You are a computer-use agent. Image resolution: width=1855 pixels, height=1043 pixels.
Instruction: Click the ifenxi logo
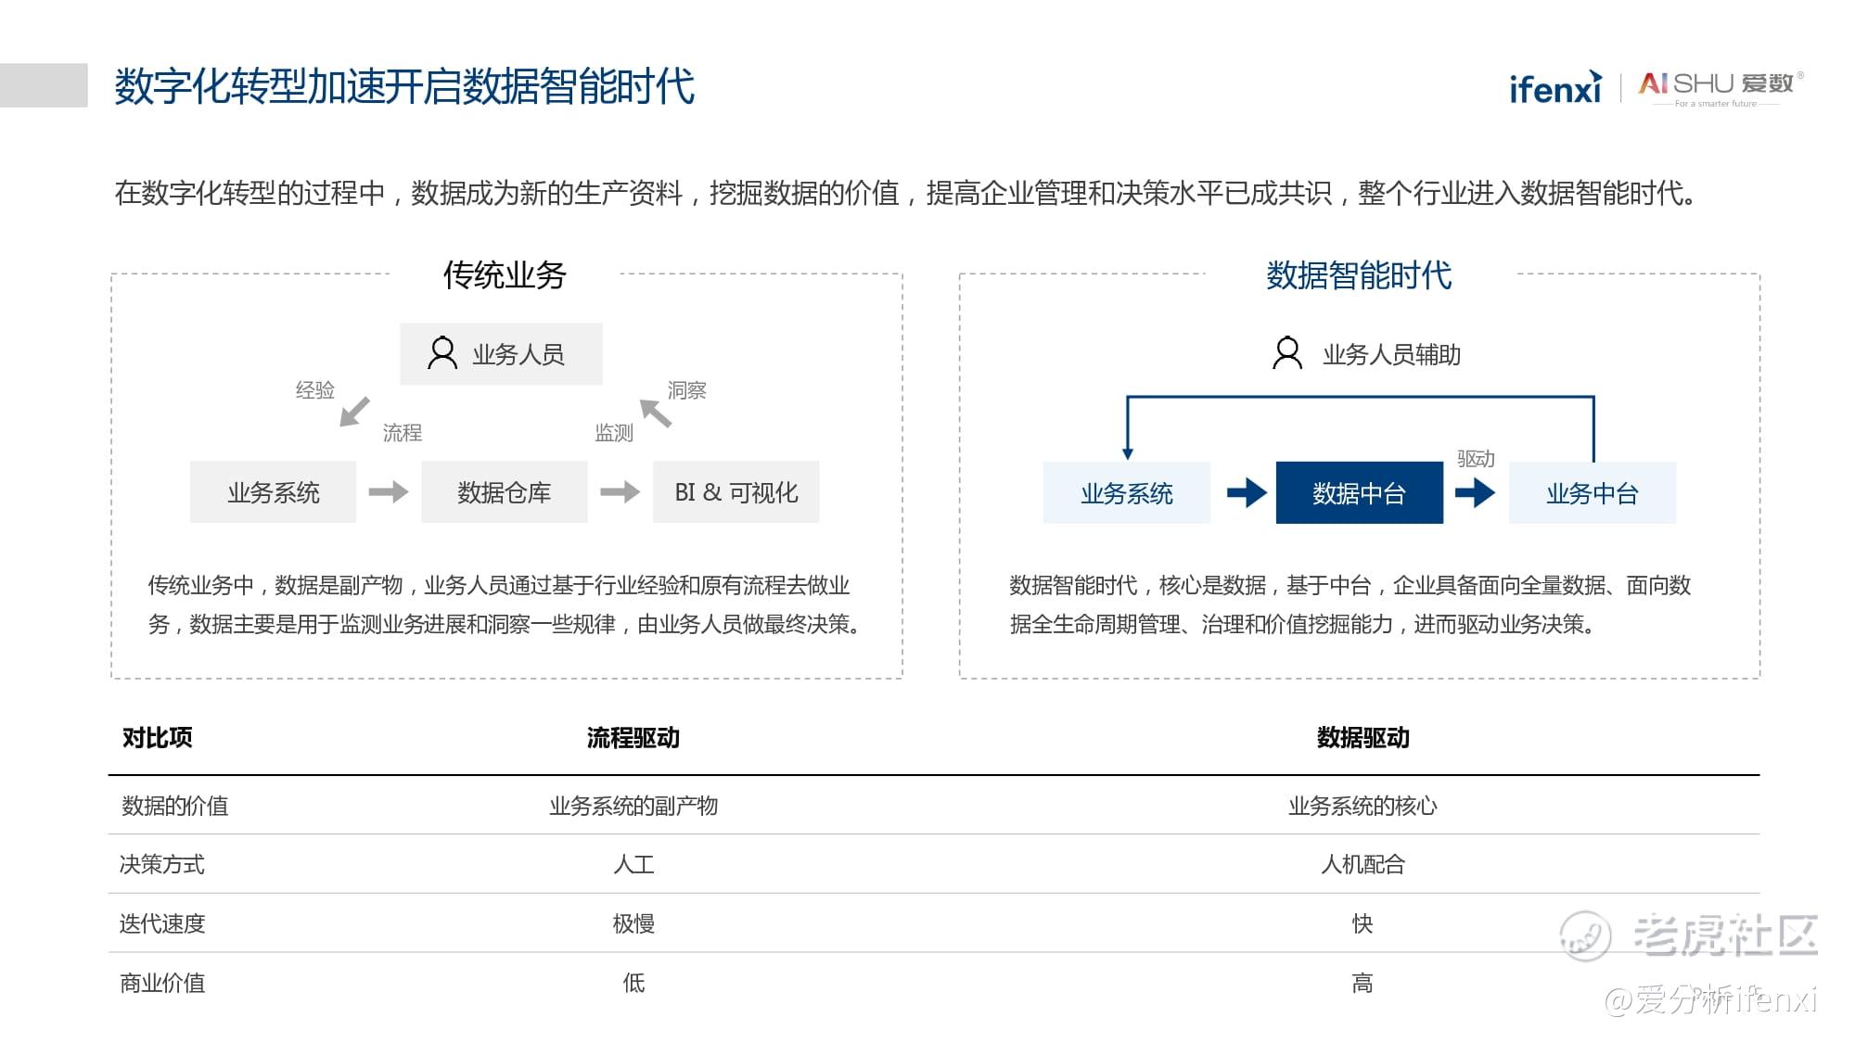click(1555, 86)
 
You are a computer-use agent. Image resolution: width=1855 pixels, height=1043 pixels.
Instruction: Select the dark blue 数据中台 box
click(1359, 492)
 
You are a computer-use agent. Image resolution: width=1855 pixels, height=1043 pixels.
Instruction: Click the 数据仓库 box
click(505, 491)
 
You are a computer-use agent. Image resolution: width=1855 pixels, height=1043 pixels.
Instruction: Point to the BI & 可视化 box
click(736, 491)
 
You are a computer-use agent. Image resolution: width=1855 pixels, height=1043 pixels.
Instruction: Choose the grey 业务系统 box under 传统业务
click(273, 491)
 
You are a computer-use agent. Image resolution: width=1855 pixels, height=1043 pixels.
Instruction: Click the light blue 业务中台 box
click(1593, 492)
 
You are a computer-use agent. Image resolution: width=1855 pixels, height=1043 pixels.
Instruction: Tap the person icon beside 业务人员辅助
click(1287, 353)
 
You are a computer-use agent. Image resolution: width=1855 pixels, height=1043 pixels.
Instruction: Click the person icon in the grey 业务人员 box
click(442, 353)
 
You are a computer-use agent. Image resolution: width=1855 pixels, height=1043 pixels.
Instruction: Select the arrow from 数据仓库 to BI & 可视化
click(620, 491)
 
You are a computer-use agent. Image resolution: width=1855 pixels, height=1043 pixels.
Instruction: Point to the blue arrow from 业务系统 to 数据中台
click(1247, 492)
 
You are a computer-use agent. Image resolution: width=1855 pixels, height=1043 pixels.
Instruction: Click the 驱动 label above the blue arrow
click(1476, 458)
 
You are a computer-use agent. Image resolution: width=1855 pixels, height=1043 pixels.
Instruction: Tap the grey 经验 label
click(315, 389)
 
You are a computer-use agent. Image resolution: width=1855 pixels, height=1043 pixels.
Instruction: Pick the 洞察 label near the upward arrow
click(687, 390)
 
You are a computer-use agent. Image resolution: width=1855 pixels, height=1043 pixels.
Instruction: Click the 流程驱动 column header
click(633, 737)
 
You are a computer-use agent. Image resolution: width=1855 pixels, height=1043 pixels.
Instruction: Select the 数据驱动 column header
click(1363, 737)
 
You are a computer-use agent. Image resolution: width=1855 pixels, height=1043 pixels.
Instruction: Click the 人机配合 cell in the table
click(1363, 864)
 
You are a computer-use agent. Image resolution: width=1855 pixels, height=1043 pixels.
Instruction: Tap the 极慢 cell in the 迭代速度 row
click(633, 923)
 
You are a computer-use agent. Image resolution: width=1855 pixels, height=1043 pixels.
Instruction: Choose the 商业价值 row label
click(162, 983)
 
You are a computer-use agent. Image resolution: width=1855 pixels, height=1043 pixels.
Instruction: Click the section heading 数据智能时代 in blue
click(1359, 275)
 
